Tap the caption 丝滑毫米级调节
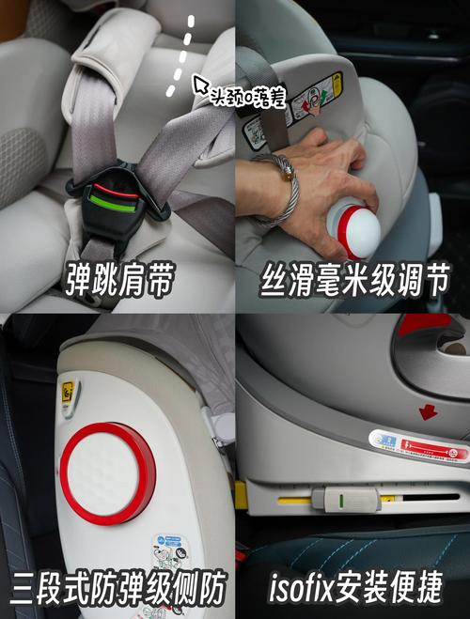[352, 278]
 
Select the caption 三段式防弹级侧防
[117, 589]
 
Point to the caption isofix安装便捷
[352, 589]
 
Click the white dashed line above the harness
[182, 55]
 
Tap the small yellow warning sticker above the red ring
[69, 394]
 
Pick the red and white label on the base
[419, 448]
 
